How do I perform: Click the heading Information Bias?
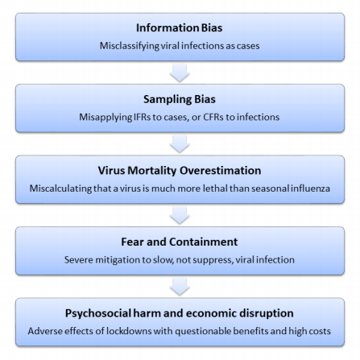click(x=180, y=28)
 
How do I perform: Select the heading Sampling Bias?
click(x=180, y=99)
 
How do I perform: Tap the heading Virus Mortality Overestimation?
click(x=180, y=171)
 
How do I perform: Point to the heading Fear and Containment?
click(x=180, y=242)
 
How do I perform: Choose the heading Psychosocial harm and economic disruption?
click(x=180, y=313)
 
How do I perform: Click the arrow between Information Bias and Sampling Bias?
click(x=180, y=72)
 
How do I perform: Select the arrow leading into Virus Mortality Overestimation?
click(x=180, y=144)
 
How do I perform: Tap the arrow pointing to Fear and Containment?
click(x=180, y=215)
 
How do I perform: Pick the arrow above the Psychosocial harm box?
click(x=180, y=287)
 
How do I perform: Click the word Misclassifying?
click(x=130, y=46)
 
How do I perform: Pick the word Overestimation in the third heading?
click(x=220, y=171)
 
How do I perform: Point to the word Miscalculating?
click(x=60, y=188)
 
